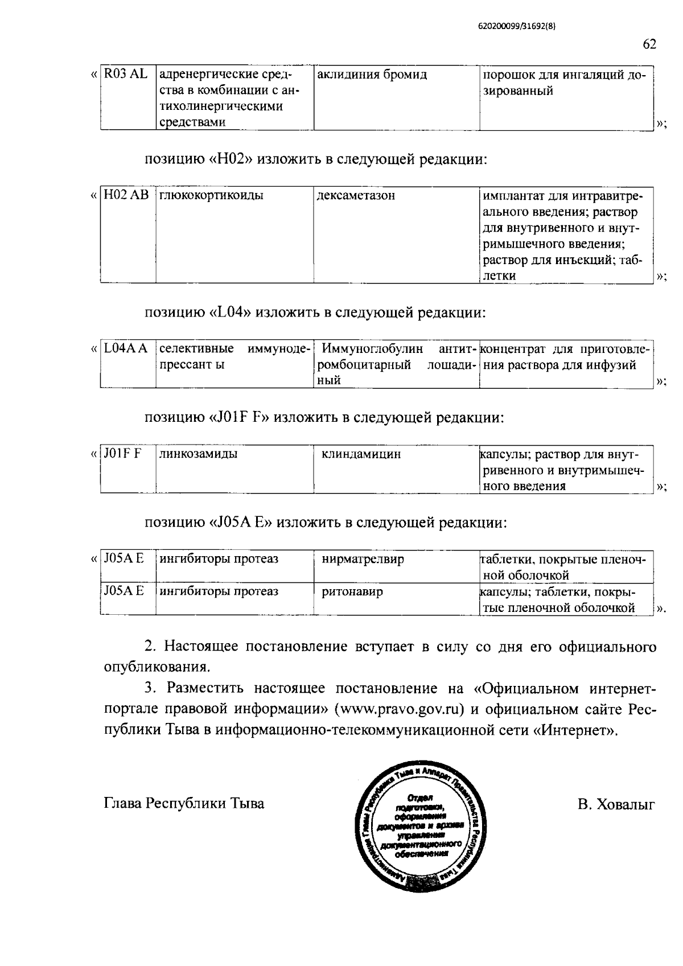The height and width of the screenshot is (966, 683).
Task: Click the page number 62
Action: (649, 44)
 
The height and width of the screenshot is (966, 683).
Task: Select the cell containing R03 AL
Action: (125, 75)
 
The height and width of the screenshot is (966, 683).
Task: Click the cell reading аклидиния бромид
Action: (372, 75)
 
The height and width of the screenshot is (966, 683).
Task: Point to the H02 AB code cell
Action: (126, 196)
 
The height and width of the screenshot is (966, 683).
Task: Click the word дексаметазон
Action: (356, 196)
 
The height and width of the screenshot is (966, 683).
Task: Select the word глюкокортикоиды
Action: (211, 196)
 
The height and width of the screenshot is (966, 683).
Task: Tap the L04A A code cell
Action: (126, 348)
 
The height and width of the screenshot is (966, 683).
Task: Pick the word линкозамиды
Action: (199, 454)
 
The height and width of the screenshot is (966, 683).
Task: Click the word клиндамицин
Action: (361, 454)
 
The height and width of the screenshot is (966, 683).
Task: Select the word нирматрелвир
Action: (363, 559)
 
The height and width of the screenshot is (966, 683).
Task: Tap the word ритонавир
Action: (352, 591)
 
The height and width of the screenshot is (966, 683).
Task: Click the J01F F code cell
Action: (122, 454)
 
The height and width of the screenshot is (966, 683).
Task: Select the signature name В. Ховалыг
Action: (616, 804)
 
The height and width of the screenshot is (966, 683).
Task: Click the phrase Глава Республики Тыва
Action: (184, 804)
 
